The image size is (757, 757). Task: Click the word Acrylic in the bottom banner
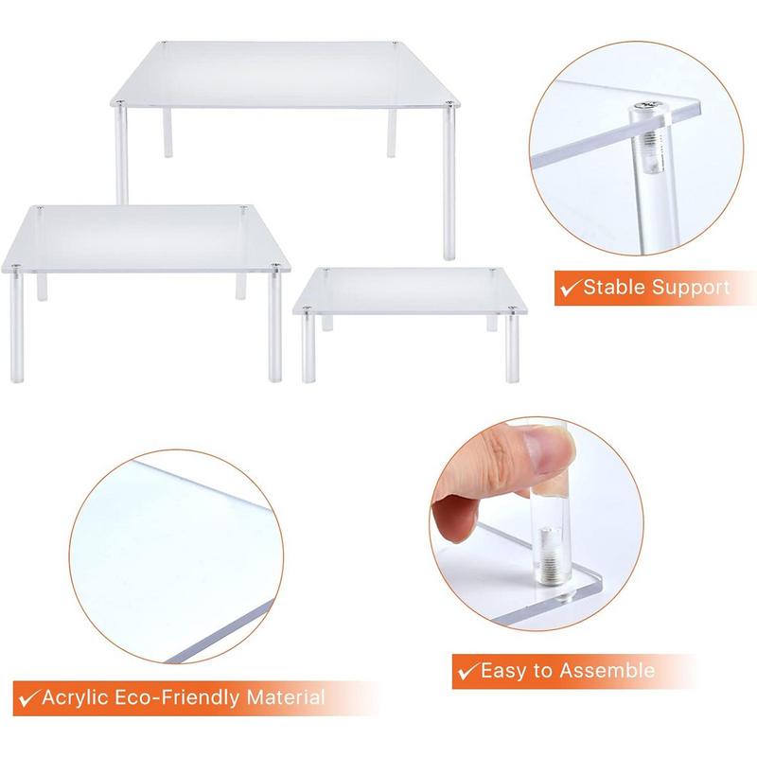[76, 699]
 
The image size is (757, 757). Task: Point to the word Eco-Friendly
[183, 699]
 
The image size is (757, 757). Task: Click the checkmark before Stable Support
[571, 287]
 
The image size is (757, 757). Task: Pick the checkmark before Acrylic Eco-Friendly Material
[26, 699]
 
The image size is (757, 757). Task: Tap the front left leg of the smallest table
[308, 348]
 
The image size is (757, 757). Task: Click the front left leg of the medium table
[17, 326]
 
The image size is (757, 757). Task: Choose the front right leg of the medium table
[274, 326]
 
